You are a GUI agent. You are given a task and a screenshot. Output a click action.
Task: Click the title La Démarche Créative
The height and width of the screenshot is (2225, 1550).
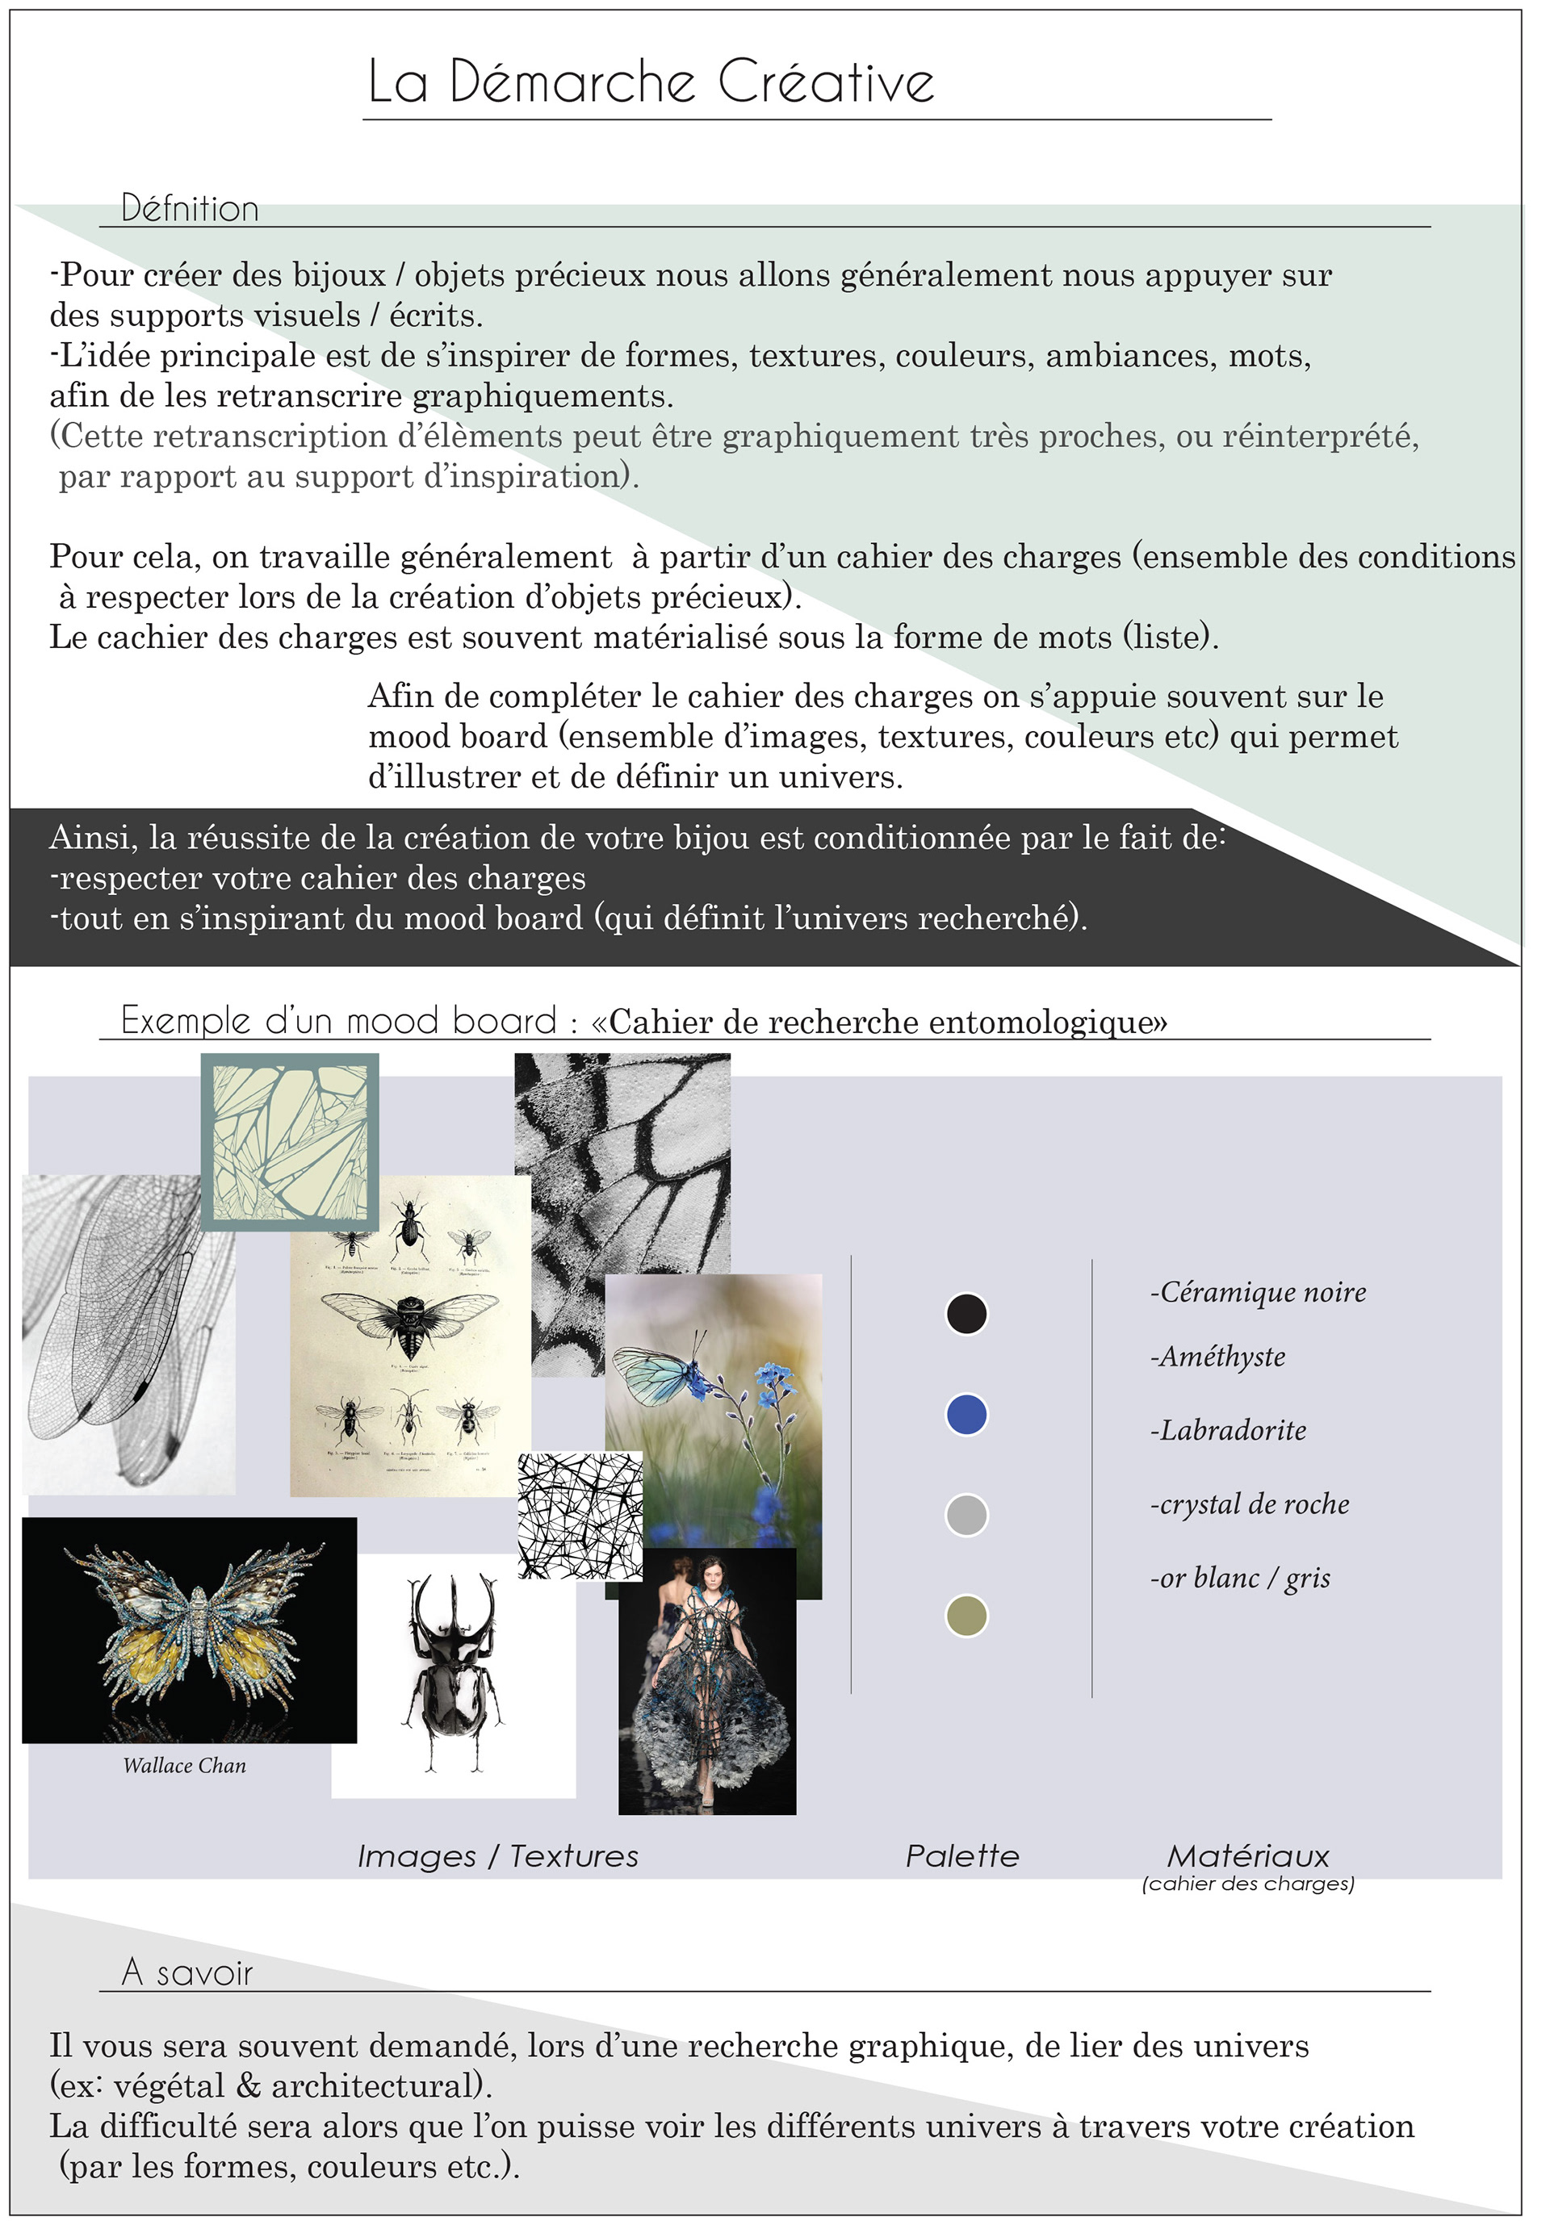pyautogui.click(x=651, y=82)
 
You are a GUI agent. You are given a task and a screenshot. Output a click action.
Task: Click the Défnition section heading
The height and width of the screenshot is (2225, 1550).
pyautogui.click(x=190, y=208)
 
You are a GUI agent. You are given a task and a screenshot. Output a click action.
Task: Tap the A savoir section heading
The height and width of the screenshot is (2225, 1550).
pyautogui.click(x=187, y=1972)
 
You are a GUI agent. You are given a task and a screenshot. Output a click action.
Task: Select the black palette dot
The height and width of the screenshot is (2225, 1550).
pyautogui.click(x=966, y=1314)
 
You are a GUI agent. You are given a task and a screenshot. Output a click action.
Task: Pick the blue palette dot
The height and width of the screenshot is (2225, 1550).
pyautogui.click(x=966, y=1415)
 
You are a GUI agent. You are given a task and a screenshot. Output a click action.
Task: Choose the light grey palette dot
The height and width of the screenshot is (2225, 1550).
pyautogui.click(x=966, y=1515)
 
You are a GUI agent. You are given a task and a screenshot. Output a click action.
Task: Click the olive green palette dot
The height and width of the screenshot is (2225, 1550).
pyautogui.click(x=966, y=1616)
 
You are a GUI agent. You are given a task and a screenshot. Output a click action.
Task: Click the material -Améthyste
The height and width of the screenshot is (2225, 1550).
pyautogui.click(x=1217, y=1357)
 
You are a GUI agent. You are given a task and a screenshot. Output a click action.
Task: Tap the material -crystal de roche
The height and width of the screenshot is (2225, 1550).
pyautogui.click(x=1250, y=1504)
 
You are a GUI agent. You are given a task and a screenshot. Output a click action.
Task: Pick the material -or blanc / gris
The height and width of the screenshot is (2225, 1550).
pyautogui.click(x=1240, y=1578)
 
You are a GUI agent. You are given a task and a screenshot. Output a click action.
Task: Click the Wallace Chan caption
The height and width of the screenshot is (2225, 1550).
pyautogui.click(x=184, y=1766)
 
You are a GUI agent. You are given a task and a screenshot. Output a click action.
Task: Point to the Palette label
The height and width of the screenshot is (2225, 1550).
pyautogui.click(x=961, y=1856)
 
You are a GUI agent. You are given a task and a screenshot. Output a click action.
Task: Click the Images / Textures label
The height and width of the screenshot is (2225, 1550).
pyautogui.click(x=498, y=1856)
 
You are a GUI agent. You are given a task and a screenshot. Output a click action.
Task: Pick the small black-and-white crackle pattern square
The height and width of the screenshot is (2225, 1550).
pyautogui.click(x=580, y=1516)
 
